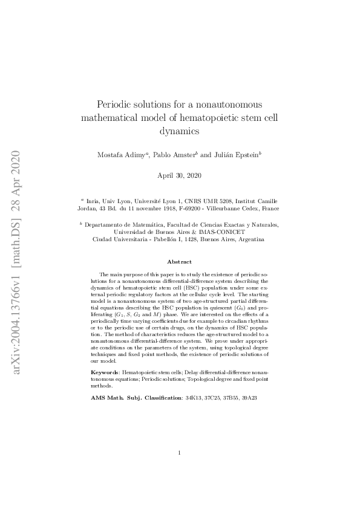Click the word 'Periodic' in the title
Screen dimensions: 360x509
(116, 104)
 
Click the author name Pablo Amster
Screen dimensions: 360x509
(175, 155)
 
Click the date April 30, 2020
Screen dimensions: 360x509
(180, 175)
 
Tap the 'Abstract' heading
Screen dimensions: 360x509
(180, 262)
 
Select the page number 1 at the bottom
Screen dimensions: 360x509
(180, 469)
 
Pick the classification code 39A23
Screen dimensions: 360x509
(248, 398)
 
